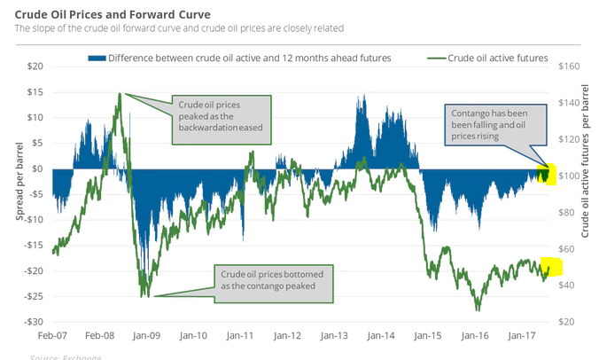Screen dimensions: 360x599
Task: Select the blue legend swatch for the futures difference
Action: point(96,58)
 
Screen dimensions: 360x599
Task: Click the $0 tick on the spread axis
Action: point(36,168)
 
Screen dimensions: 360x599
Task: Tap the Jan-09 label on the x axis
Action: point(148,338)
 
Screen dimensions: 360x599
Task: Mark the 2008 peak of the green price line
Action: point(120,93)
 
